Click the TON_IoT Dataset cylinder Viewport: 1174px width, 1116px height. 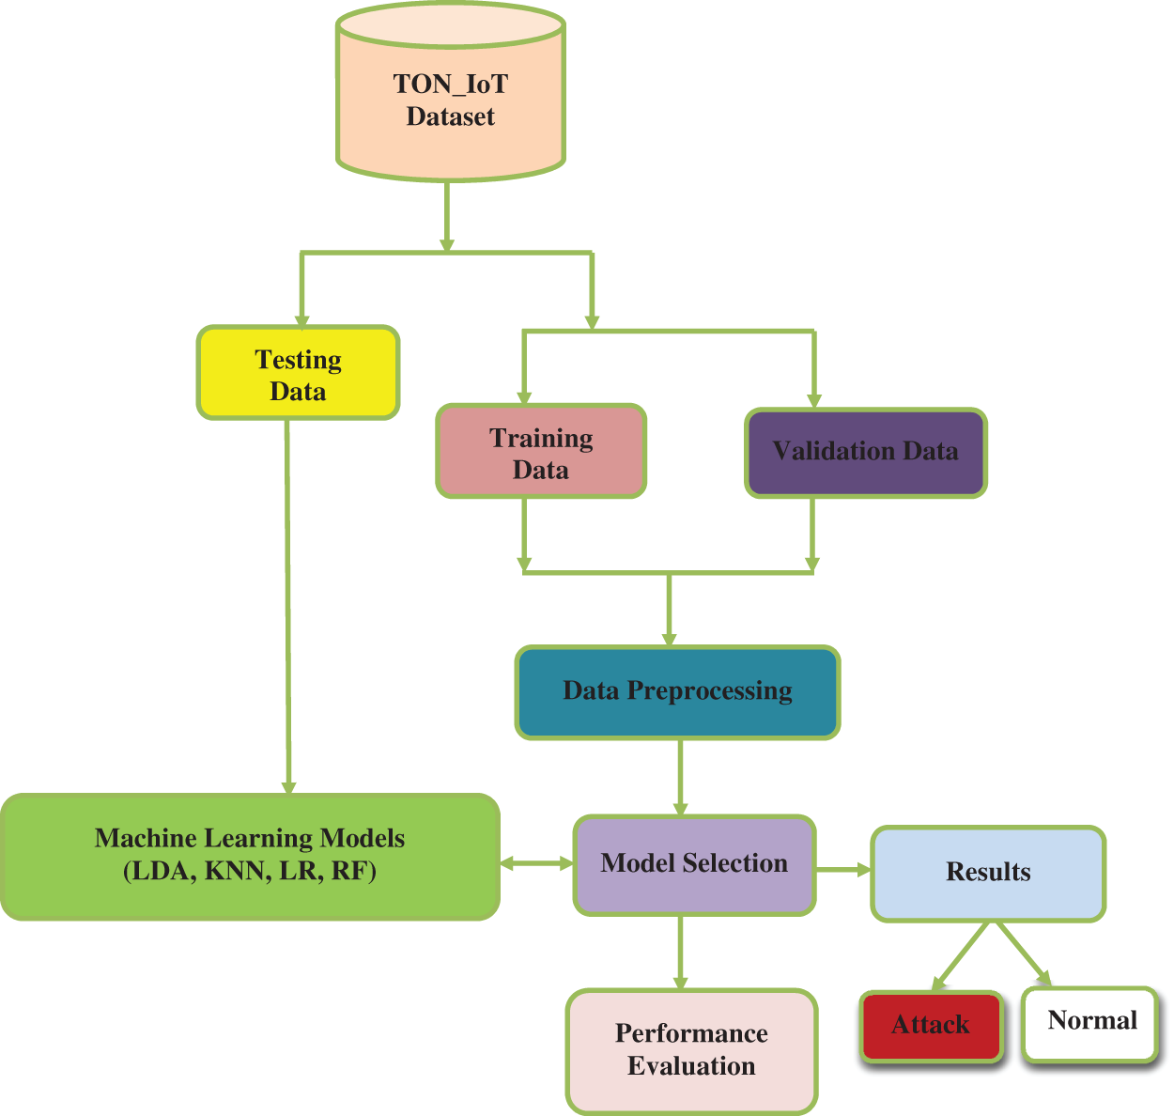(450, 100)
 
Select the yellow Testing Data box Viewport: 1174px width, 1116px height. (298, 373)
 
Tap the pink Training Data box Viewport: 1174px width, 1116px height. (541, 452)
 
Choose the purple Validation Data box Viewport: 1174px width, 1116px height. (865, 452)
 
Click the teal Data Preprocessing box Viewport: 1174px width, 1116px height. (677, 691)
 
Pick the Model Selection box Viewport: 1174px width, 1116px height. (694, 864)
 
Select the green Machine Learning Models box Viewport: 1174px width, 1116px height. (250, 856)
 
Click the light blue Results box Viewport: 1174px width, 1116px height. (988, 873)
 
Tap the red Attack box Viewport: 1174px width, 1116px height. (930, 1025)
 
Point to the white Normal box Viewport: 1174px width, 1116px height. (1091, 1022)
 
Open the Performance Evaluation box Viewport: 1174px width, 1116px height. (691, 1050)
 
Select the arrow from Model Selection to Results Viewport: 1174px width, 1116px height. (843, 870)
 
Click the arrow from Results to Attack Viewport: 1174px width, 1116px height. (960, 956)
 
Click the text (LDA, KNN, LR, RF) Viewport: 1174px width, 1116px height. (250, 872)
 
